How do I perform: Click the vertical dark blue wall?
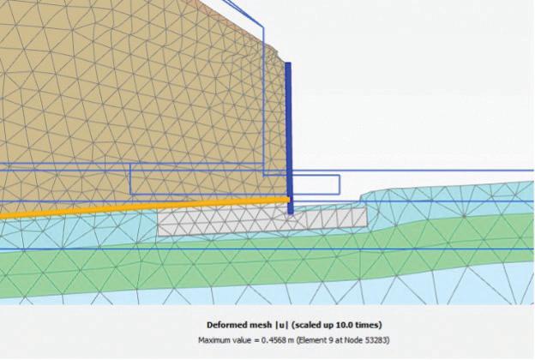[x=288, y=129]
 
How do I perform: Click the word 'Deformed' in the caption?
[x=226, y=325]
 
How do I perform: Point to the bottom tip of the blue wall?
[x=290, y=212]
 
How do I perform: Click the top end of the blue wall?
[x=288, y=63]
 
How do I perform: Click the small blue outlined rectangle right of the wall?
[x=316, y=184]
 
